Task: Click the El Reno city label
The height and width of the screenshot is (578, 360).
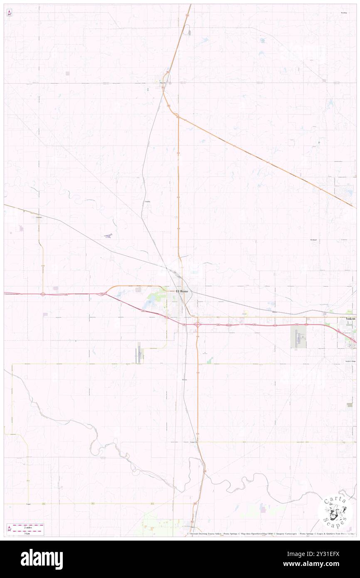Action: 182,291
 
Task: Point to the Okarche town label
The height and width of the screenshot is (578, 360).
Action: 163,83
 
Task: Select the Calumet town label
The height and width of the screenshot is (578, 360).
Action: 39,217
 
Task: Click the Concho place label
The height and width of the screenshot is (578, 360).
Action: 147,201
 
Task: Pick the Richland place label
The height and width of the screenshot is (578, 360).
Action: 313,240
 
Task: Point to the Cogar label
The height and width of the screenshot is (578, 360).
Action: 29,504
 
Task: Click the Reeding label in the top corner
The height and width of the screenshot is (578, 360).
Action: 343,13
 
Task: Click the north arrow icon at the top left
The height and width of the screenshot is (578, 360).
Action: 9,13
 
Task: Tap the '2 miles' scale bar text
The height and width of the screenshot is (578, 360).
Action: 26,526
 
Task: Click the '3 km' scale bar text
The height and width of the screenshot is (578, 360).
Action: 26,533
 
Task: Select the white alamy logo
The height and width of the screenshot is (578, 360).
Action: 42,559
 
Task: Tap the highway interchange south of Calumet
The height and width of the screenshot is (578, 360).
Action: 43,294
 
